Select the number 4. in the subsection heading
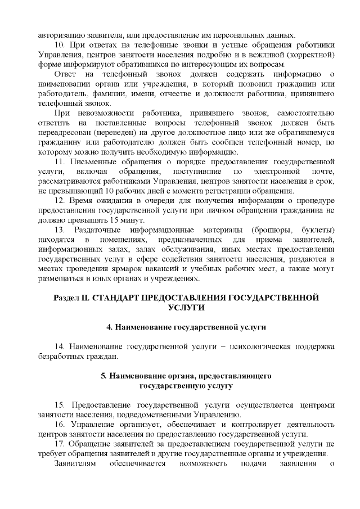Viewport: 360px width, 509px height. (110, 326)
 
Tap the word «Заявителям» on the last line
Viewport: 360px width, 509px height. (75, 464)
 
